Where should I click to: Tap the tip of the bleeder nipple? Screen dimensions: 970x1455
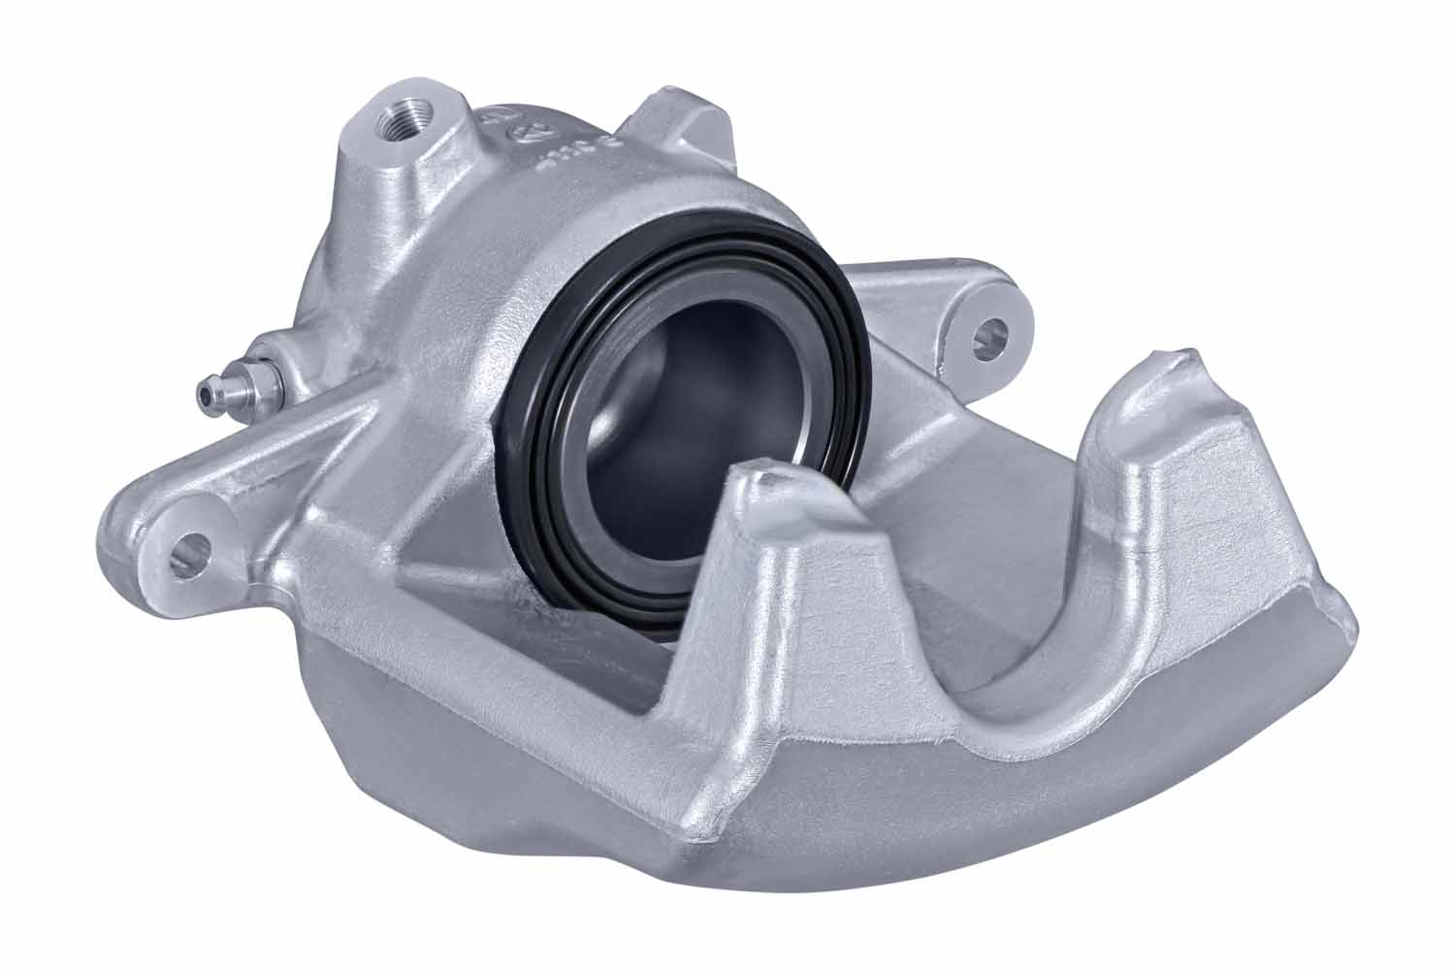(203, 393)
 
